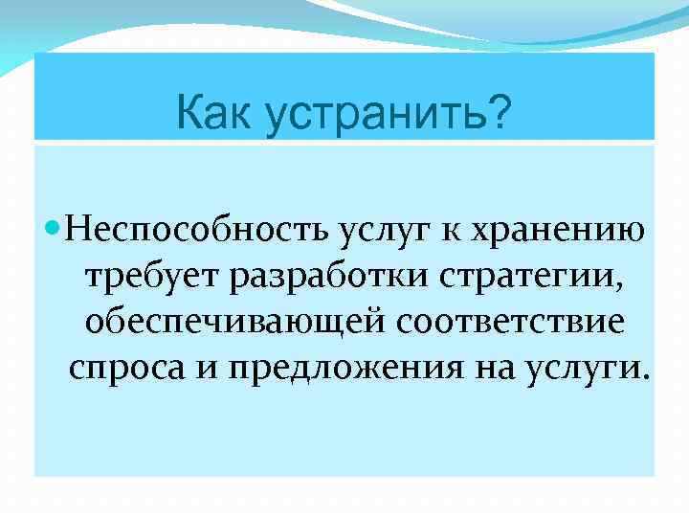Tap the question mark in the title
(499, 113)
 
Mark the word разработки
(326, 277)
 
